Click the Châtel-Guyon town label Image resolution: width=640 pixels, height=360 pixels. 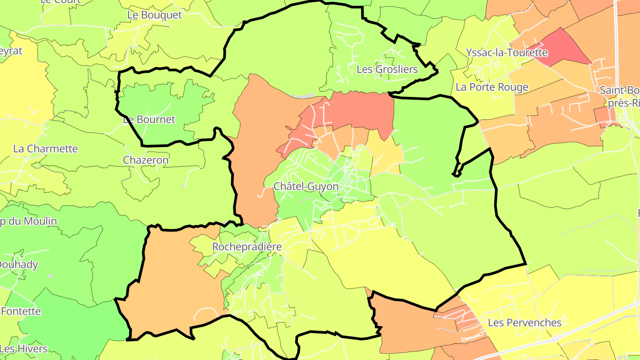coord(306,187)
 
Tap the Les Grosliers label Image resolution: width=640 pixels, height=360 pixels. coord(387,69)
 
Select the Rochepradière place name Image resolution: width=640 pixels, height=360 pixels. coord(247,247)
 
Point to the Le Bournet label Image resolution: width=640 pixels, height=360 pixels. coord(149,120)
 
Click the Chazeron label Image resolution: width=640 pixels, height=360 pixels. coord(146,160)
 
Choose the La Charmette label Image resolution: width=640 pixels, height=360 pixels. coord(45,148)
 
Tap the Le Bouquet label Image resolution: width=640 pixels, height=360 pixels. coord(154,15)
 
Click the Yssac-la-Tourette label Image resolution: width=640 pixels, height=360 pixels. coord(507,52)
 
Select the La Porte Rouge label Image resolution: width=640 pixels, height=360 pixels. coord(492,87)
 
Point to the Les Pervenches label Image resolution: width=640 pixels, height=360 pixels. coord(524,323)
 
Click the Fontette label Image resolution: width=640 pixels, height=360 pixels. coord(20,311)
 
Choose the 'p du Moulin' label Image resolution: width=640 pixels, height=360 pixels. coord(28,221)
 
